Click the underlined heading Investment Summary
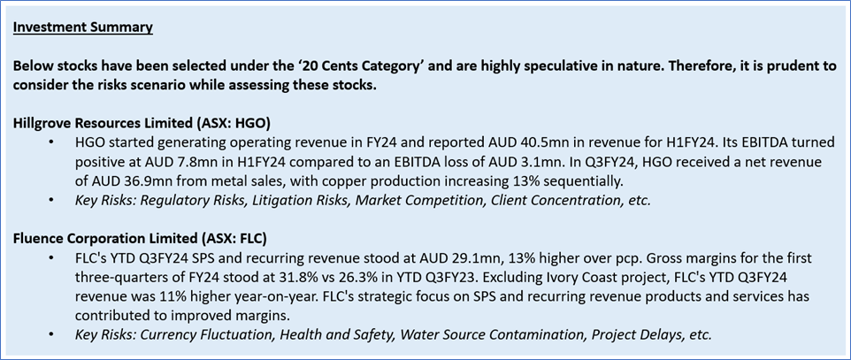click(83, 27)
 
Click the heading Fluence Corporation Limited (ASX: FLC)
click(140, 239)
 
